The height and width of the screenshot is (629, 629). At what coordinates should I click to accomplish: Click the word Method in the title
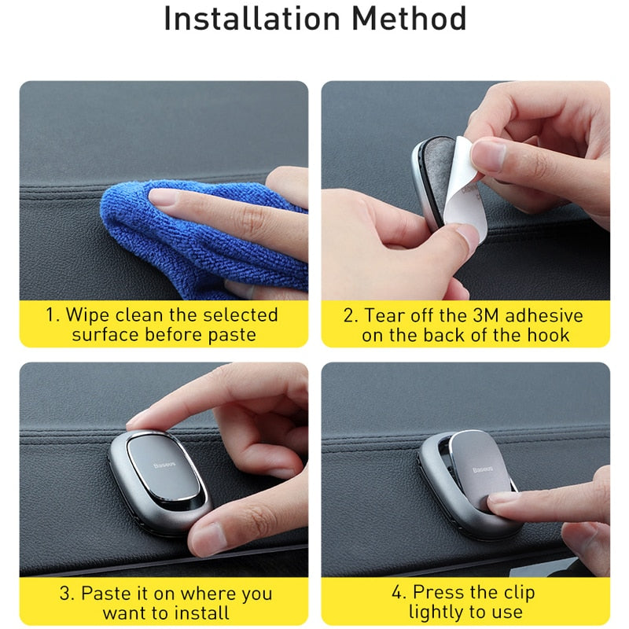click(x=409, y=18)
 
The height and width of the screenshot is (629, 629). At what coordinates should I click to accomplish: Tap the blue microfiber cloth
click(x=200, y=241)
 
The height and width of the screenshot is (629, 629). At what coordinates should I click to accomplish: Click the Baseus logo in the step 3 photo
click(x=164, y=465)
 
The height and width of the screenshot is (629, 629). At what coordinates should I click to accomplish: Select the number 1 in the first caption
click(x=50, y=315)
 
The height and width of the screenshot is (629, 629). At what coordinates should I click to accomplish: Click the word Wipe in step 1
click(x=88, y=315)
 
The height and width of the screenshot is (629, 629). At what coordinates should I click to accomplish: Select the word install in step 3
click(x=200, y=613)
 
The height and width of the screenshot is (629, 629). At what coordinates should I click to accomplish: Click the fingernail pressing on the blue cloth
click(x=164, y=197)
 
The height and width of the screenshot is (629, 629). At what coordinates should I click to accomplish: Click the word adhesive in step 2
click(x=544, y=315)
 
